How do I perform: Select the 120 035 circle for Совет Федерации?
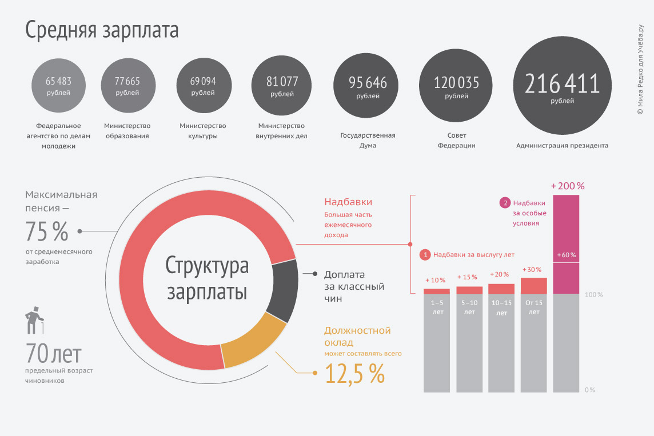click(x=456, y=87)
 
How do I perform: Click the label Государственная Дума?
click(x=368, y=141)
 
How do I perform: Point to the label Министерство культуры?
click(x=203, y=131)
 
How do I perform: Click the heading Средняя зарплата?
click(x=102, y=30)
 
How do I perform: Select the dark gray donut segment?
click(x=284, y=291)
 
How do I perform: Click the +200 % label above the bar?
click(x=568, y=186)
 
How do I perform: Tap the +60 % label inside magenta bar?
click(x=566, y=255)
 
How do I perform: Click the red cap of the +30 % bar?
click(x=534, y=285)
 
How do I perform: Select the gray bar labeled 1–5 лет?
click(x=437, y=343)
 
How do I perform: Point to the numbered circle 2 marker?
click(x=505, y=203)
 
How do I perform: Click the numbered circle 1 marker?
click(x=425, y=255)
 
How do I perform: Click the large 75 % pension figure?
click(x=47, y=231)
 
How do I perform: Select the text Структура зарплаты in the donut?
click(x=207, y=278)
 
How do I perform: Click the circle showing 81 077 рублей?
click(x=282, y=86)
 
